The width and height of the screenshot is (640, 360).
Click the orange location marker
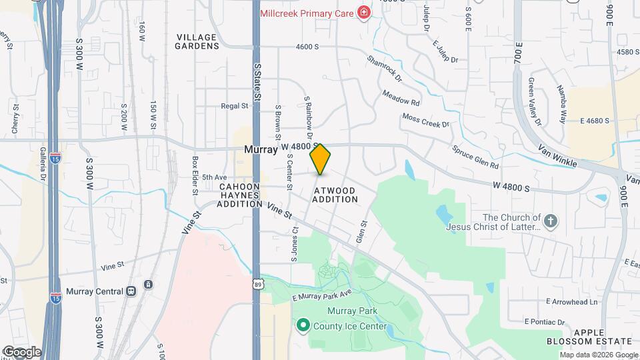coord(321,159)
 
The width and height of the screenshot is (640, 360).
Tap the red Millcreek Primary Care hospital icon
coord(364,12)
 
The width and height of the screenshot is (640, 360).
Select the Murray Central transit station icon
coord(131,291)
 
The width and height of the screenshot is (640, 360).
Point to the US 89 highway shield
coord(257,284)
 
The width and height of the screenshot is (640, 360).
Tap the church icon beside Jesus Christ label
coord(551,221)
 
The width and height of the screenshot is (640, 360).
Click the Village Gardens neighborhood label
coord(197,41)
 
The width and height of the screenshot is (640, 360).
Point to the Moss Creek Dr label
coord(426,121)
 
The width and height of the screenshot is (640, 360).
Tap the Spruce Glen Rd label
coord(475,157)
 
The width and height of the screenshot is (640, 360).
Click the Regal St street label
coord(234,105)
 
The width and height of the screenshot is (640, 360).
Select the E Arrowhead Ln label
coord(571,301)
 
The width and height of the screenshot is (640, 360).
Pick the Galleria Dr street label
coord(42,165)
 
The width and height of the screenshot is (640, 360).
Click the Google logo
coord(22,351)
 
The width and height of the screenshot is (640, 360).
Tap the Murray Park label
coord(352,311)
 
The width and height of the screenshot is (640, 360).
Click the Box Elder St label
coord(195,175)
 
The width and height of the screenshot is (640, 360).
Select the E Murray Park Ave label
coord(322,295)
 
